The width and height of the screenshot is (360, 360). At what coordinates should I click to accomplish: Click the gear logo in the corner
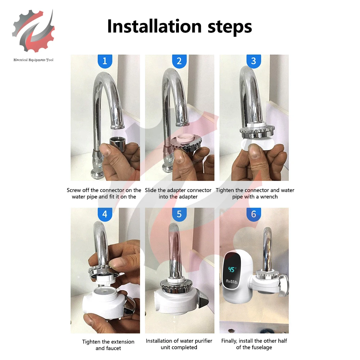(33, 31)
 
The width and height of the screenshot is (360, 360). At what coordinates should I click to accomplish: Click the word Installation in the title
(154, 26)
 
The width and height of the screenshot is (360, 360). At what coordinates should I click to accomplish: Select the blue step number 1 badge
(105, 61)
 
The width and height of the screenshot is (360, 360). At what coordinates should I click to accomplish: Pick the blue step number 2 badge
(179, 61)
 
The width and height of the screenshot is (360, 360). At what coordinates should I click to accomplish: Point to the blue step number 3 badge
(254, 61)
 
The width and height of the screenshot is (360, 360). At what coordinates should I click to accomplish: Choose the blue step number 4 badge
(105, 214)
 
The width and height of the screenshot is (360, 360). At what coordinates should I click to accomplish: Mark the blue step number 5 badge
(179, 214)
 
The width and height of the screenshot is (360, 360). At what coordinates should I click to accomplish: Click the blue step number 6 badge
(254, 214)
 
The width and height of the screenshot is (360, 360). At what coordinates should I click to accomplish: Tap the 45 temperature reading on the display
(231, 269)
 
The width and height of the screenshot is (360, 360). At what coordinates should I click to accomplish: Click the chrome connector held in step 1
(118, 143)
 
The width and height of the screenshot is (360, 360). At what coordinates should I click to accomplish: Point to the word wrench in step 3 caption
(269, 197)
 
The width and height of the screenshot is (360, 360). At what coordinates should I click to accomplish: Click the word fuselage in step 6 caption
(262, 347)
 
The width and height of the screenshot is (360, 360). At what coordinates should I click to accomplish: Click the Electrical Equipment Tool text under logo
(33, 60)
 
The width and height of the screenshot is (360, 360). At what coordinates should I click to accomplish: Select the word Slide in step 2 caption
(150, 190)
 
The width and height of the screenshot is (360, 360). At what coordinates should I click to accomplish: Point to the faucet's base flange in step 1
(98, 174)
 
